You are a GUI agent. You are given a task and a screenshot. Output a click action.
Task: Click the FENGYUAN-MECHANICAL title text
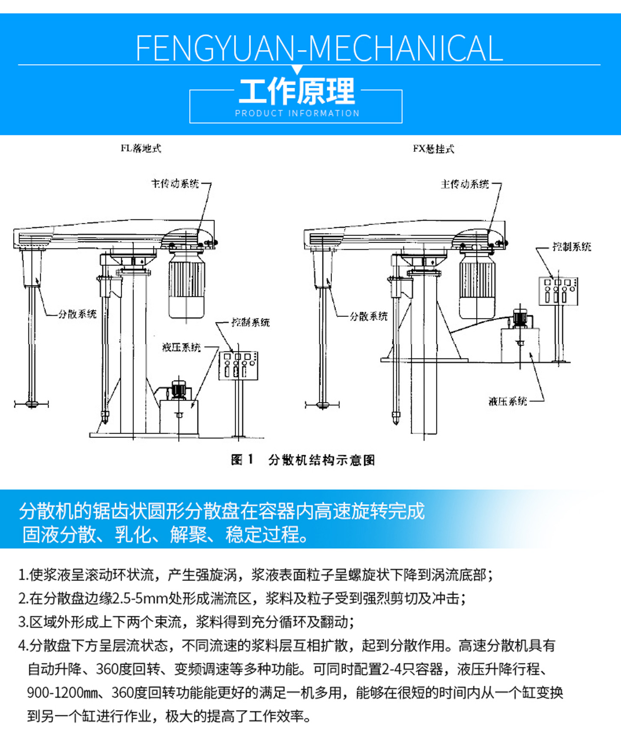tap(319, 48)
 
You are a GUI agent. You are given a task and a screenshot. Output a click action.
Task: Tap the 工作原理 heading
tap(297, 91)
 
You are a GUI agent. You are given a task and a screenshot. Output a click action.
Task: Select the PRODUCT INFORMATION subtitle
tap(297, 113)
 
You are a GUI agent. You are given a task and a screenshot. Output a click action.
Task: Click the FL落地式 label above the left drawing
tap(140, 149)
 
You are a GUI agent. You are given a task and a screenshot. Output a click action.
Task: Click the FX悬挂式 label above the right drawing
tap(433, 149)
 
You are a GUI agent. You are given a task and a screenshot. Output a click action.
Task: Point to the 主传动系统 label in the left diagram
tap(175, 184)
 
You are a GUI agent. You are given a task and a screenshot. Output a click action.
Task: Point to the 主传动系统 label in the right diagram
tap(465, 184)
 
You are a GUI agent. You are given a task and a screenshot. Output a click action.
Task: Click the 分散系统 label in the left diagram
tap(77, 314)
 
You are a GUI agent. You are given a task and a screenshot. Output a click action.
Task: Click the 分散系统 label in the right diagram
tap(368, 316)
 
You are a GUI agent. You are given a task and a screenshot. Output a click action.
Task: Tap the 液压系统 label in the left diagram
tap(181, 347)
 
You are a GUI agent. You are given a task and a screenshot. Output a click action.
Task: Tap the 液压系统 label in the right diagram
tap(508, 401)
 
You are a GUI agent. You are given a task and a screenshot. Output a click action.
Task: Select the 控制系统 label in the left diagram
tap(251, 322)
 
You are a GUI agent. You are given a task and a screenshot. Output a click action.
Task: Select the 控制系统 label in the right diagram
tap(571, 247)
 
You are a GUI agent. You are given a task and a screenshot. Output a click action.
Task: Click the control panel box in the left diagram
tap(238, 366)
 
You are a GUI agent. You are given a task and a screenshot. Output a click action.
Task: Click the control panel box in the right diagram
tap(558, 291)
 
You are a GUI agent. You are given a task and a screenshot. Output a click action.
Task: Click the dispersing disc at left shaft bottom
tap(31, 404)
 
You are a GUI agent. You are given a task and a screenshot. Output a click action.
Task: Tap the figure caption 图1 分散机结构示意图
tap(303, 460)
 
